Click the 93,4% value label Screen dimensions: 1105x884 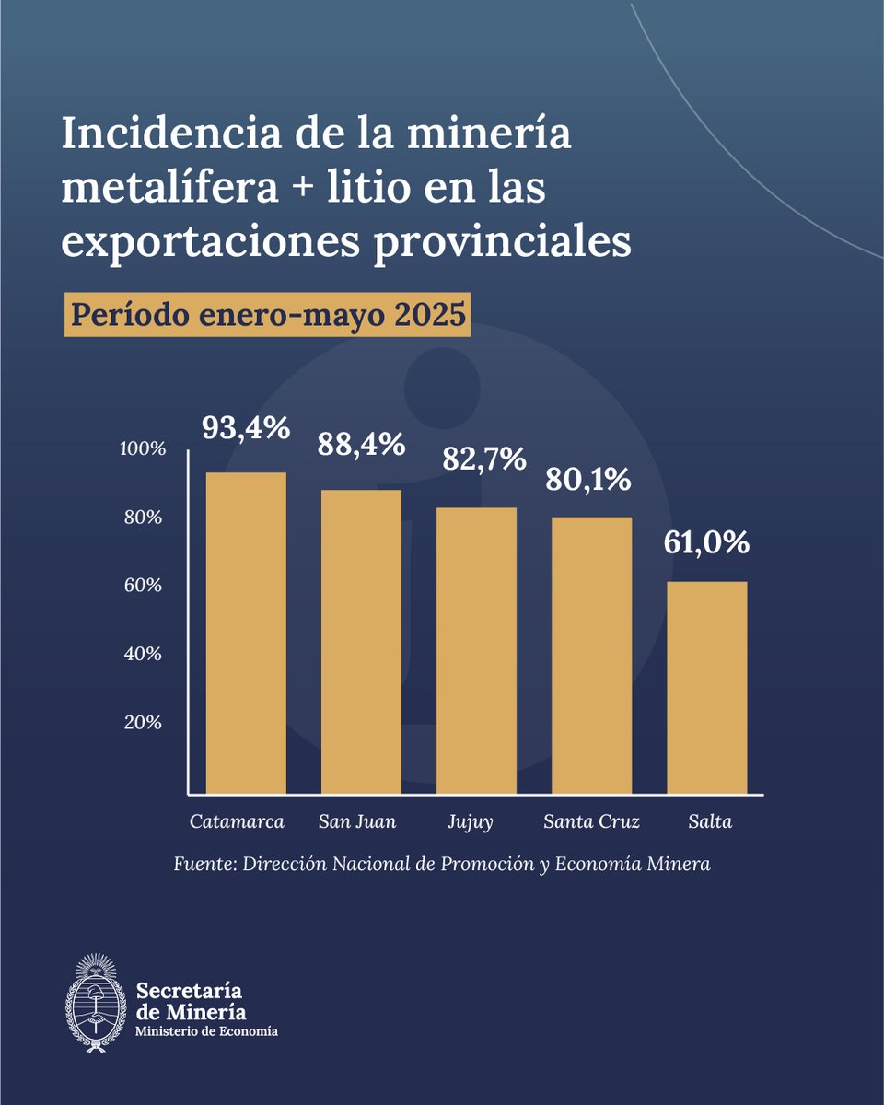246,428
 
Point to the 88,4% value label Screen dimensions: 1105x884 361,445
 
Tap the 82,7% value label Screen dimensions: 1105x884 476,458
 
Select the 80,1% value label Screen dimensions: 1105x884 591,480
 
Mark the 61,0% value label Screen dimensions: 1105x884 706,543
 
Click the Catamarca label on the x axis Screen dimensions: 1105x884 237,821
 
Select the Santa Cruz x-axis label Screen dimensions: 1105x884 591,821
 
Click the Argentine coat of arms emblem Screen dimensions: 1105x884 95,1003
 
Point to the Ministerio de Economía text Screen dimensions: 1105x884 206,1031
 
